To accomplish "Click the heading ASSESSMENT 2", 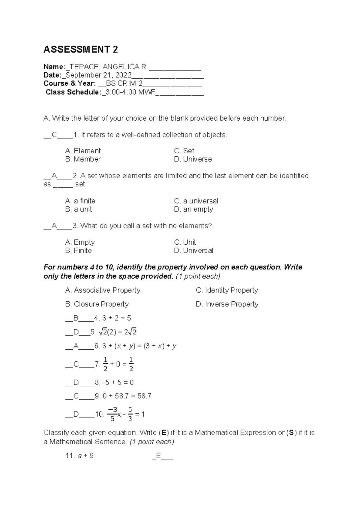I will (x=81, y=50).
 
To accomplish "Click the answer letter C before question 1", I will (x=54, y=135).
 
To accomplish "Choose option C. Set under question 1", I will (x=184, y=151).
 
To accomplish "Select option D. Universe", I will (x=193, y=159).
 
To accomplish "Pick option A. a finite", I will (x=80, y=201).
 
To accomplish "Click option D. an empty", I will (x=193, y=209).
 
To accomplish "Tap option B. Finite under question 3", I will (x=78, y=251).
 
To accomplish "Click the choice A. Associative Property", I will (x=103, y=290).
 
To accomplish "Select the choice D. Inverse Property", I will (x=227, y=304).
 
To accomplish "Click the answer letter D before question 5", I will (x=76, y=332).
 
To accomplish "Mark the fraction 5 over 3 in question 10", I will (x=130, y=414).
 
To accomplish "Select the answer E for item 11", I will (x=158, y=456).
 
